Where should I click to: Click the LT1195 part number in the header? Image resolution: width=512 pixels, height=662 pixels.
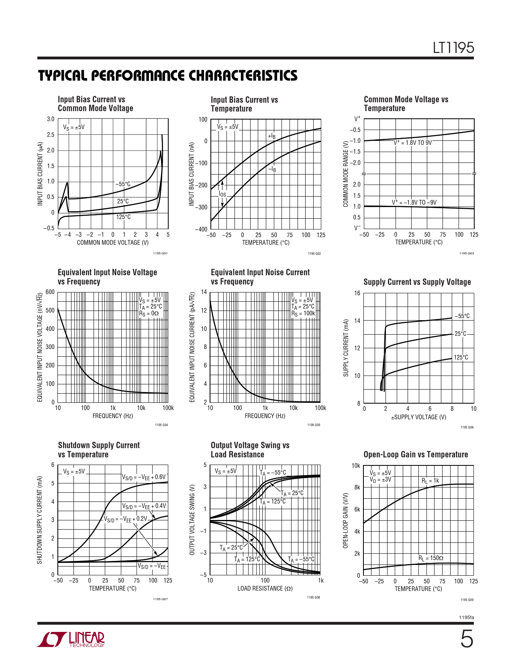click(453, 48)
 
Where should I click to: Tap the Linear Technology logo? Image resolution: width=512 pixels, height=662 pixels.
click(71, 640)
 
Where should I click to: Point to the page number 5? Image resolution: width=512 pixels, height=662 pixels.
click(466, 640)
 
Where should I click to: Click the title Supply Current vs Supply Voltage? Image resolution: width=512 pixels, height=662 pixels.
click(417, 282)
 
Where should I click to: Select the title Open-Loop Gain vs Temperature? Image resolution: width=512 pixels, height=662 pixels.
click(416, 455)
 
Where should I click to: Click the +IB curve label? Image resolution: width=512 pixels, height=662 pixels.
click(272, 136)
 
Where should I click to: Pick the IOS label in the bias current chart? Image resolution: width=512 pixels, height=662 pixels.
click(222, 195)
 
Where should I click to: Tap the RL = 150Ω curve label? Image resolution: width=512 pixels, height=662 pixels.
click(430, 558)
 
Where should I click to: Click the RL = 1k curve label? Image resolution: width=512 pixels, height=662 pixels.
click(430, 481)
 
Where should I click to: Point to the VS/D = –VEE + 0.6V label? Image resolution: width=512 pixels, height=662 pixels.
click(144, 477)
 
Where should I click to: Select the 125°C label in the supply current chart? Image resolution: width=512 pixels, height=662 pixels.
click(461, 357)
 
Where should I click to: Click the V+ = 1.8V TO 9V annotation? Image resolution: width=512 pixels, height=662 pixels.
click(412, 143)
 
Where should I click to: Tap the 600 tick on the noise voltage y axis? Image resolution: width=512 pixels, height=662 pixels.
click(50, 292)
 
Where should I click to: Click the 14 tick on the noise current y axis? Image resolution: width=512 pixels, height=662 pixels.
click(204, 292)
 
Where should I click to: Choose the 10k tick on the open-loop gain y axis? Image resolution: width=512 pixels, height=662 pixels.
click(356, 466)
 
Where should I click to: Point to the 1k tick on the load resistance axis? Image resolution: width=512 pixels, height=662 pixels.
click(320, 581)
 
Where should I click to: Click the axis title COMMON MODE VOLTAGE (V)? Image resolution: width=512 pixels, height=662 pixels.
click(113, 242)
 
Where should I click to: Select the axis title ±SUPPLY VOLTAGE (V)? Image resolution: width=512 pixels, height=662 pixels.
click(418, 417)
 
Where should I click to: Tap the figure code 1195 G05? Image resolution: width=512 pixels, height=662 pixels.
click(314, 425)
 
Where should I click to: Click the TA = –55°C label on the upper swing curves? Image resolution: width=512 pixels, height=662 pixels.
click(273, 473)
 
